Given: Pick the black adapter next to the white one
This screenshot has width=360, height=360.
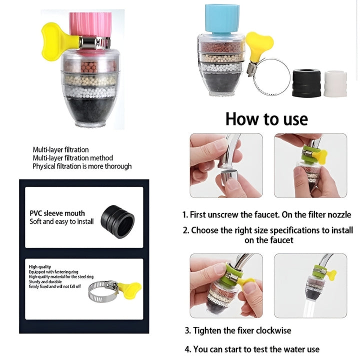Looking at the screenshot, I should [306, 82].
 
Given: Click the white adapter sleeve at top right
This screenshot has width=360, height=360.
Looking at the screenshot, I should [335, 83].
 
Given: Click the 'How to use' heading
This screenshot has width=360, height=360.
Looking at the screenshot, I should [266, 119].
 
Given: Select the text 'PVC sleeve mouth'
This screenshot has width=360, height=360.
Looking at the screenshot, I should [57, 213].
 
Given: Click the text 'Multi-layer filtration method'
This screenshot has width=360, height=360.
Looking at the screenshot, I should [72, 158].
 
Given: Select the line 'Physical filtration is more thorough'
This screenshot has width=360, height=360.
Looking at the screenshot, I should [82, 166].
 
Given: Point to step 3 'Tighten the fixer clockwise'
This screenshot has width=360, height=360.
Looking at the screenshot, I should [238, 330].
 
